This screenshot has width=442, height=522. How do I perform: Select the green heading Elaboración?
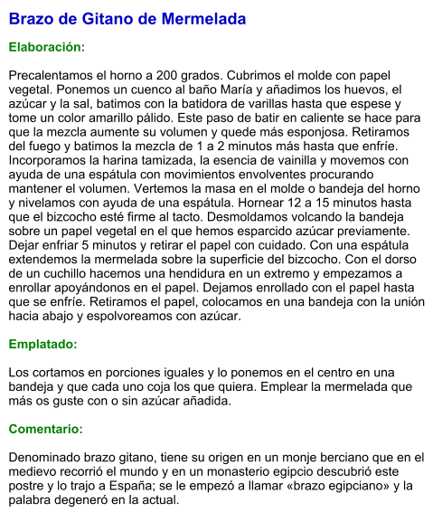47,45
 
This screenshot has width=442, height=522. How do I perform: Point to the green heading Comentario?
46,429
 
